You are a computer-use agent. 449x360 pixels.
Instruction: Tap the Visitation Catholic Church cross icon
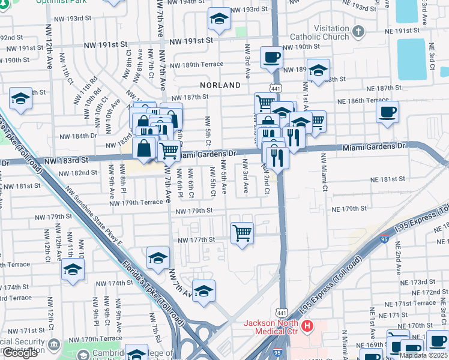[358, 31]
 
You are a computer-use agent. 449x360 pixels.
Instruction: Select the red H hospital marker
[308, 326]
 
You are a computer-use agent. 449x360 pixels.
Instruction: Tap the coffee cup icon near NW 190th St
[272, 58]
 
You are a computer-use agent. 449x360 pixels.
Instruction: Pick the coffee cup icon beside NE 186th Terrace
[387, 112]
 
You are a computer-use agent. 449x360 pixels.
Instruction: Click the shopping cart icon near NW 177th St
[242, 232]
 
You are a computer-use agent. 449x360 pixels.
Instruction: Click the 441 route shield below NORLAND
[275, 88]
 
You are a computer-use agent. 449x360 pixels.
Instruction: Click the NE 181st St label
[388, 179]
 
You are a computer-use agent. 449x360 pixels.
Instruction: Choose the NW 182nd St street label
[78, 173]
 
